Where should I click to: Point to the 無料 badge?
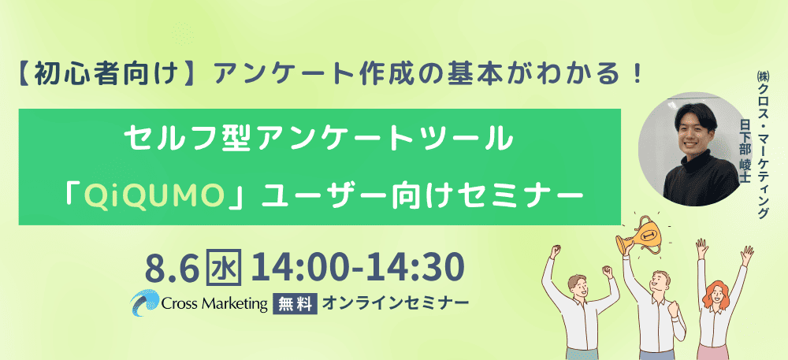coord(295,303)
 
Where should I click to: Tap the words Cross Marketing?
coord(214,303)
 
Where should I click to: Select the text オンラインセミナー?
coord(396,302)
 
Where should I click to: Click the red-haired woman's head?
coord(715,295)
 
